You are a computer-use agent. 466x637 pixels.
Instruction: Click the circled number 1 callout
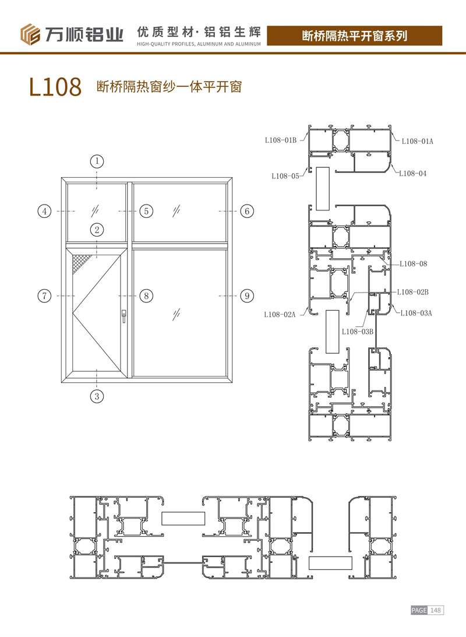coord(97,161)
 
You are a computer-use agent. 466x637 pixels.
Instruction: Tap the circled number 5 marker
coord(146,211)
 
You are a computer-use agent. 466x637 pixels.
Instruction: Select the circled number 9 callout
coord(247,295)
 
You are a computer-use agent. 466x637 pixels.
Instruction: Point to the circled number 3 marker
coord(97,396)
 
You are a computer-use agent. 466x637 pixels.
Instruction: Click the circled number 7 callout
coord(45,295)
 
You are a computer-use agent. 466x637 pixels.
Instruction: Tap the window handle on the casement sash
coord(124,316)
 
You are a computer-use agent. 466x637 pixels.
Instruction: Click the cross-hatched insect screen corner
coord(81,263)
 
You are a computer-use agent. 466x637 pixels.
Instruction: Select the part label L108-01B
coord(281,140)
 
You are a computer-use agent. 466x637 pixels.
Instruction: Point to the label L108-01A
coord(417,142)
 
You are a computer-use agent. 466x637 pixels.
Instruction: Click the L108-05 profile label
coord(285,176)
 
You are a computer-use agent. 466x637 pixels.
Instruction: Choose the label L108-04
coord(412,174)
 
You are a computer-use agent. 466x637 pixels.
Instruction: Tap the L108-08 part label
coord(413,263)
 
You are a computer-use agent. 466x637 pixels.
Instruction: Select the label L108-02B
coord(412,292)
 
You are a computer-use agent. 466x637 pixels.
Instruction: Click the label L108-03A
coord(416,313)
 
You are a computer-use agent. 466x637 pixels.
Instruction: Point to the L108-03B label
coord(357,332)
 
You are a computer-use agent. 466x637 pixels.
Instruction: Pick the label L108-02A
coord(280,315)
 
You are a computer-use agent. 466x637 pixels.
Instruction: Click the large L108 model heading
coord(55,86)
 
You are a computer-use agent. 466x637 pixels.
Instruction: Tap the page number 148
coord(436,610)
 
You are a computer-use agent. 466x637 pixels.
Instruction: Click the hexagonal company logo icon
coord(30,34)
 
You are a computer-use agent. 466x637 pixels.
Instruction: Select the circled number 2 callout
coord(97,230)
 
